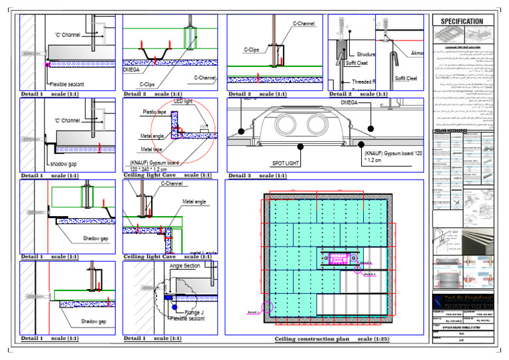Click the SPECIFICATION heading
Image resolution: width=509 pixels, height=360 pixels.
click(x=467, y=21)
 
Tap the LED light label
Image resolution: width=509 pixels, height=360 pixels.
click(x=182, y=102)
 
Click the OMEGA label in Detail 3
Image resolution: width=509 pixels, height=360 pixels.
click(x=353, y=103)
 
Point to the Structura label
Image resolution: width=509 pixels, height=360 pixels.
click(x=365, y=54)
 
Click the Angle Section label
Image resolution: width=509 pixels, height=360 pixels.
click(x=186, y=265)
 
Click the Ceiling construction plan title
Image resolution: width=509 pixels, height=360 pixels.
click(x=311, y=339)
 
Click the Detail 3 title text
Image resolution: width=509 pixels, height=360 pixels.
click(x=239, y=176)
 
